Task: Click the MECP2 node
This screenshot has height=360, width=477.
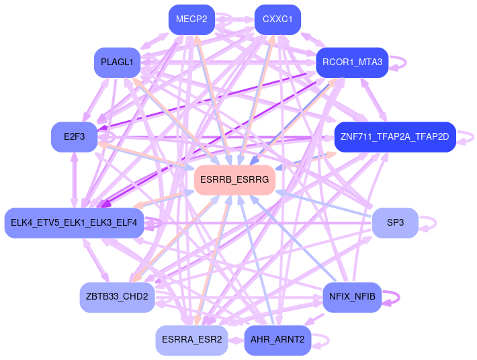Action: (191, 19)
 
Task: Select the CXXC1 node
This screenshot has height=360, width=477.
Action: (277, 19)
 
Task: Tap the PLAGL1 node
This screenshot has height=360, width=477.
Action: (117, 62)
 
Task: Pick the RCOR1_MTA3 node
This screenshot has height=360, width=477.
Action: (352, 62)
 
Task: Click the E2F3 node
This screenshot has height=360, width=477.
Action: (74, 137)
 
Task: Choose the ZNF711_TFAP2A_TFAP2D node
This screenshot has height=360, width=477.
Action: (395, 137)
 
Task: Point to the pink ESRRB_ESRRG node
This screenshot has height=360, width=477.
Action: (234, 180)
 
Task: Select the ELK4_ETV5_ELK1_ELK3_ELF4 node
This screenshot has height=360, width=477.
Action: (74, 223)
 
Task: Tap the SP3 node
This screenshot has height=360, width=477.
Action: (395, 223)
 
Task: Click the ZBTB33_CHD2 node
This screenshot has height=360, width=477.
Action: (117, 297)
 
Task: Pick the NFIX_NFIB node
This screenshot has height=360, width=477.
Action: (352, 297)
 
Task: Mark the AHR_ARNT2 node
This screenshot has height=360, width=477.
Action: (277, 340)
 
